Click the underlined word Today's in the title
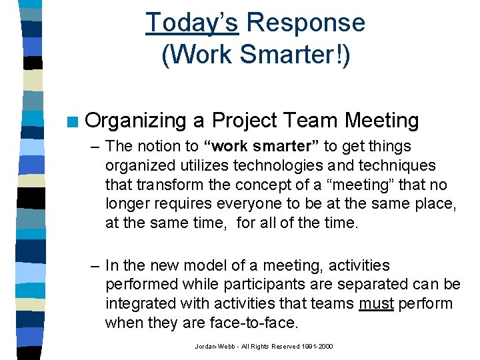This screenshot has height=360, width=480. coord(192,23)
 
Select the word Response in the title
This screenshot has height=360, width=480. coord(305,23)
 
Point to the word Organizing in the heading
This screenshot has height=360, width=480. coord(136,121)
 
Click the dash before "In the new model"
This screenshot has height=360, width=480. coord(97,265)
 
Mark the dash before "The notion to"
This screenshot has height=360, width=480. coord(97,146)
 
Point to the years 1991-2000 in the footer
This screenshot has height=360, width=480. coord(317,347)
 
